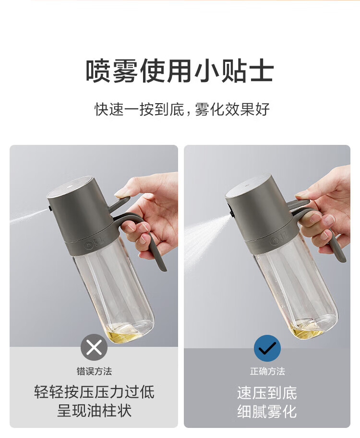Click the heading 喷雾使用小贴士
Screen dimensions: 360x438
(x=180, y=71)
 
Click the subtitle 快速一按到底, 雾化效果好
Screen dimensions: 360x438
(x=182, y=109)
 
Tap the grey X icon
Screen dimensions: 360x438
(x=94, y=347)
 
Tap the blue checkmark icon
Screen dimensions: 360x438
(x=267, y=348)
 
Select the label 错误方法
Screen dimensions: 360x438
(x=94, y=371)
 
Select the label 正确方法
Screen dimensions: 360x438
(x=267, y=371)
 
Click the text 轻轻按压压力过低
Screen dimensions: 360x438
(x=94, y=391)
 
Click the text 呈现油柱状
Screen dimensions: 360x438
(x=94, y=411)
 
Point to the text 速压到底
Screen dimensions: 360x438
(x=267, y=393)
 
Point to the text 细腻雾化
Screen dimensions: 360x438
(x=267, y=412)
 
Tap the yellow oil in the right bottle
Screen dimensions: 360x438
(x=308, y=329)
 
